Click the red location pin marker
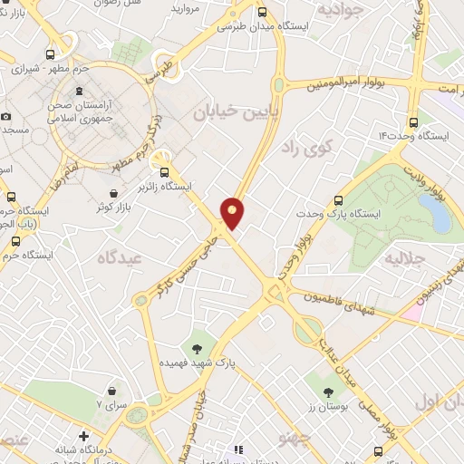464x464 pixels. pyautogui.click(x=232, y=212)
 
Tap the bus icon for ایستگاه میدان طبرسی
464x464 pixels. pyautogui.click(x=263, y=13)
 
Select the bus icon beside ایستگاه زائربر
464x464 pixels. pyautogui.click(x=164, y=172)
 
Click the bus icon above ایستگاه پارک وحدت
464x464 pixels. pyautogui.click(x=339, y=200)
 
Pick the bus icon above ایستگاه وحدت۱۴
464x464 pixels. pyautogui.click(x=413, y=122)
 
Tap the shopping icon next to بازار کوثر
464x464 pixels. pyautogui.click(x=112, y=194)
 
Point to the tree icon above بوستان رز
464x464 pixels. pyautogui.click(x=328, y=392)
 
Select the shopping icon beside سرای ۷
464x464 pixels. pyautogui.click(x=111, y=391)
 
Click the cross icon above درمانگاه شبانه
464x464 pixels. pyautogui.click(x=84, y=435)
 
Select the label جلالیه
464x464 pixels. pyautogui.click(x=405, y=257)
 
